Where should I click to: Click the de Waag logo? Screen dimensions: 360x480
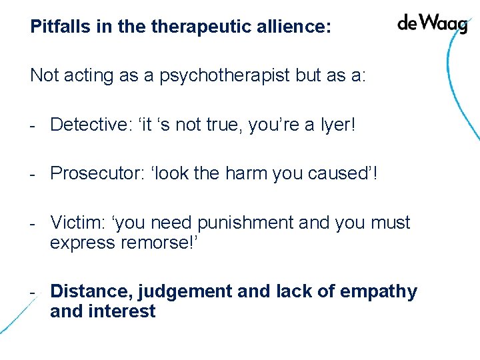click(432, 23)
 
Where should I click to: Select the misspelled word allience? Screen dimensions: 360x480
click(295, 27)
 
